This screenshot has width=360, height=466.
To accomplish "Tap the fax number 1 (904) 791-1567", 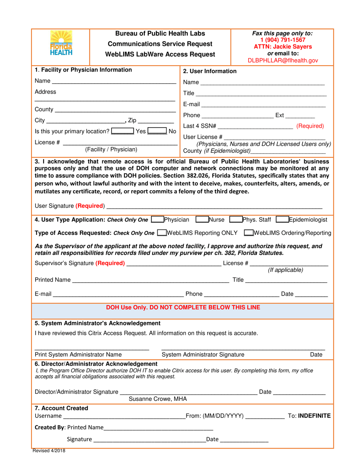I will click(x=282, y=40).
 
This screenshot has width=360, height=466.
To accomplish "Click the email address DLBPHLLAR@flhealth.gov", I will click(x=282, y=60).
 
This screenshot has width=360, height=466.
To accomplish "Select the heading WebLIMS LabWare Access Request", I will click(x=160, y=54).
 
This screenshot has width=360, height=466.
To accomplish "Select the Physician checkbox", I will click(x=157, y=220).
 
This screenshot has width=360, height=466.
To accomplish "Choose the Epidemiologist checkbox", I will click(x=282, y=220).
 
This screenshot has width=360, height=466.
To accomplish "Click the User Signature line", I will click(x=214, y=206).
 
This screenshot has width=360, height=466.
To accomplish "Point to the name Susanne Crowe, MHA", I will click(x=158, y=399).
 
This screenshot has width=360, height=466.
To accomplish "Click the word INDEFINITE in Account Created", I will click(x=314, y=416).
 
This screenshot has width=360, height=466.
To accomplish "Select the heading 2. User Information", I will click(x=210, y=71).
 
